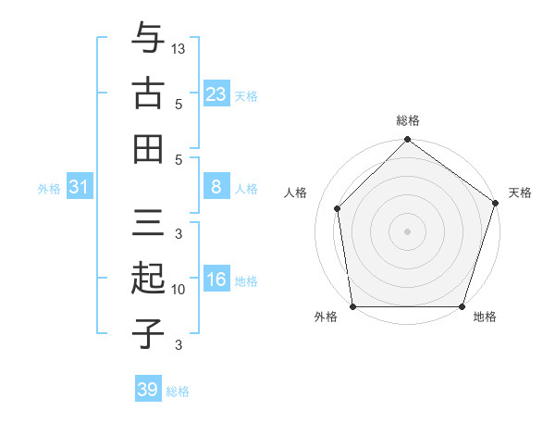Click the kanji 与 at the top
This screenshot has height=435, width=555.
[148, 39]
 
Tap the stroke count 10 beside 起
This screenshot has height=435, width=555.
[179, 290]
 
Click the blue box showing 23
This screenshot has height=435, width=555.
[216, 94]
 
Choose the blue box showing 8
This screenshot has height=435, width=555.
[216, 188]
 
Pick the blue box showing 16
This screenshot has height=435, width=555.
[216, 280]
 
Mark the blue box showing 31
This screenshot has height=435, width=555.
[79, 188]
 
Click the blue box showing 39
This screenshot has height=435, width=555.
[147, 390]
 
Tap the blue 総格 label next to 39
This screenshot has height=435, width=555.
[178, 391]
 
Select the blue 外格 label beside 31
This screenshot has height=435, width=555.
[49, 189]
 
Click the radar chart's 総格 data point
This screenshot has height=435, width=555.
[407, 142]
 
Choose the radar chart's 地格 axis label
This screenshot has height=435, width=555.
[485, 317]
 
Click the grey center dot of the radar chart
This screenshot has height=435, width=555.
[407, 230]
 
